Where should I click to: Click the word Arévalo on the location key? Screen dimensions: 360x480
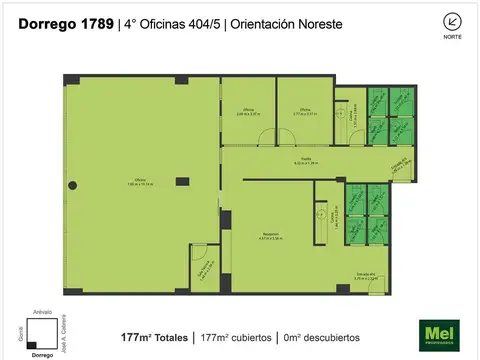[x=42, y=312]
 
